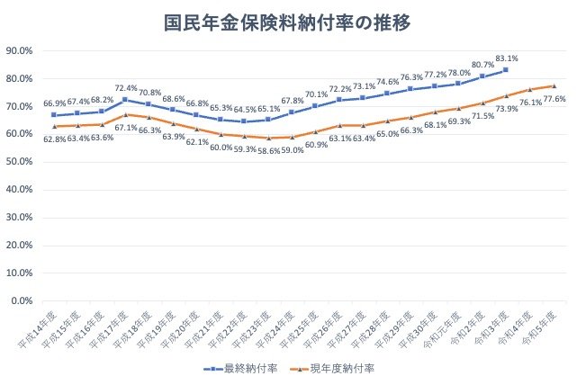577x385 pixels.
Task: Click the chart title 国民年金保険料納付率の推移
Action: point(288,22)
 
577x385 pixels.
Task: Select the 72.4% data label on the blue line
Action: point(126,88)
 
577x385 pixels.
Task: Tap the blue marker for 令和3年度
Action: point(506,69)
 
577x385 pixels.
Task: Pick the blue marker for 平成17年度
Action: point(125,99)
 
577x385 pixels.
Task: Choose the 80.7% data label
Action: point(483,65)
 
